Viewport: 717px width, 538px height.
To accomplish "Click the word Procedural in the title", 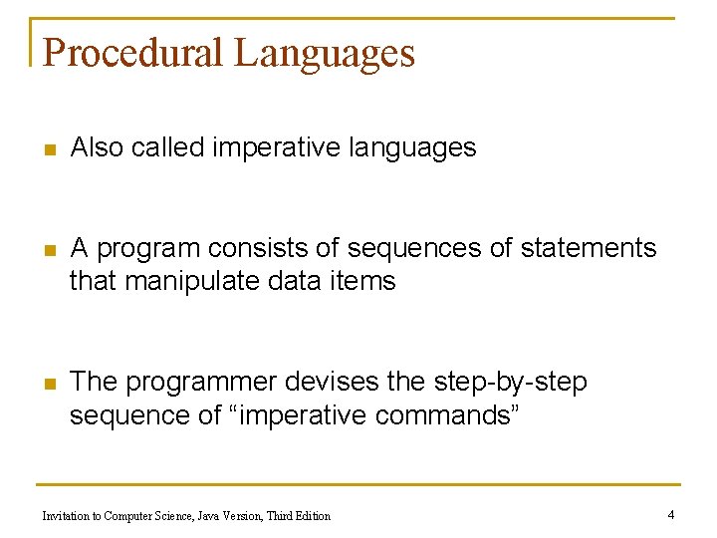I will (133, 52).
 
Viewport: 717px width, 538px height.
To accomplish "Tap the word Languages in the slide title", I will (324, 54).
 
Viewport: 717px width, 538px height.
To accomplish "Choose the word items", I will (366, 282).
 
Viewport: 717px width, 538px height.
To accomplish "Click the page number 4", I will (671, 515).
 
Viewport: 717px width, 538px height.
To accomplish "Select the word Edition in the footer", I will (311, 516).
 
